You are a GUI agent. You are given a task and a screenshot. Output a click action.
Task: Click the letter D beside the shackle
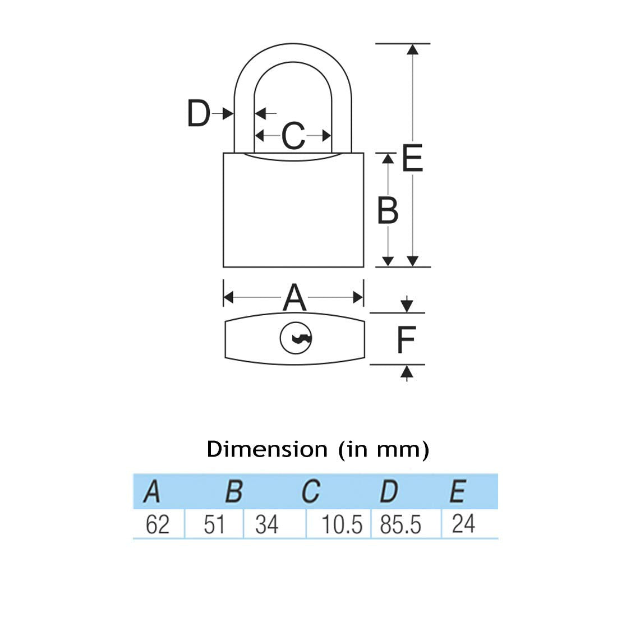click(x=198, y=114)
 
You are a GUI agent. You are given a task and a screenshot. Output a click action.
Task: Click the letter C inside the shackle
click(x=293, y=136)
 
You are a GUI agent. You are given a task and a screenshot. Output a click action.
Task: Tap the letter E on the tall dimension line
click(x=412, y=159)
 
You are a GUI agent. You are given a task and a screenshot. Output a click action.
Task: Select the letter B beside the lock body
click(x=388, y=211)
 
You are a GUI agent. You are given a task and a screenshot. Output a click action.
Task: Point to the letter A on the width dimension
click(x=294, y=297)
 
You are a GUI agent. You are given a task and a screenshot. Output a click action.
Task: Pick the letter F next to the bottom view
click(x=406, y=339)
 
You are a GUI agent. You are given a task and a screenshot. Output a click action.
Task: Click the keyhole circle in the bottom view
click(x=296, y=338)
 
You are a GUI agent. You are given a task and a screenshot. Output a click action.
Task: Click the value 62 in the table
click(x=157, y=525)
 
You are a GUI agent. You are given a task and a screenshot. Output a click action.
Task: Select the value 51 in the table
click(x=214, y=525)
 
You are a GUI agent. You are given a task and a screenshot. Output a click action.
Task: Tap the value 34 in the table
click(x=266, y=525)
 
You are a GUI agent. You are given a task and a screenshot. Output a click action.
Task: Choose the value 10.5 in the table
click(x=342, y=525)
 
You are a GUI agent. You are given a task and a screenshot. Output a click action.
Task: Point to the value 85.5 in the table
click(x=400, y=525)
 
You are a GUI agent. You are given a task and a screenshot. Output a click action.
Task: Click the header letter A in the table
click(x=152, y=492)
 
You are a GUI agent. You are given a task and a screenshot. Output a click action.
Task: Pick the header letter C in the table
click(x=310, y=492)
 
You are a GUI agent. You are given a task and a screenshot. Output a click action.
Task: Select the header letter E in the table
click(x=457, y=492)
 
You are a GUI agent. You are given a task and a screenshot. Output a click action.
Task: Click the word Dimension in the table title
click(x=267, y=449)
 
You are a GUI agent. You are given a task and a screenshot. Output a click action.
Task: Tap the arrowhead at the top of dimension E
click(x=413, y=49)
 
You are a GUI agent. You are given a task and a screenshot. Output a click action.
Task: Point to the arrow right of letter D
click(x=227, y=114)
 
